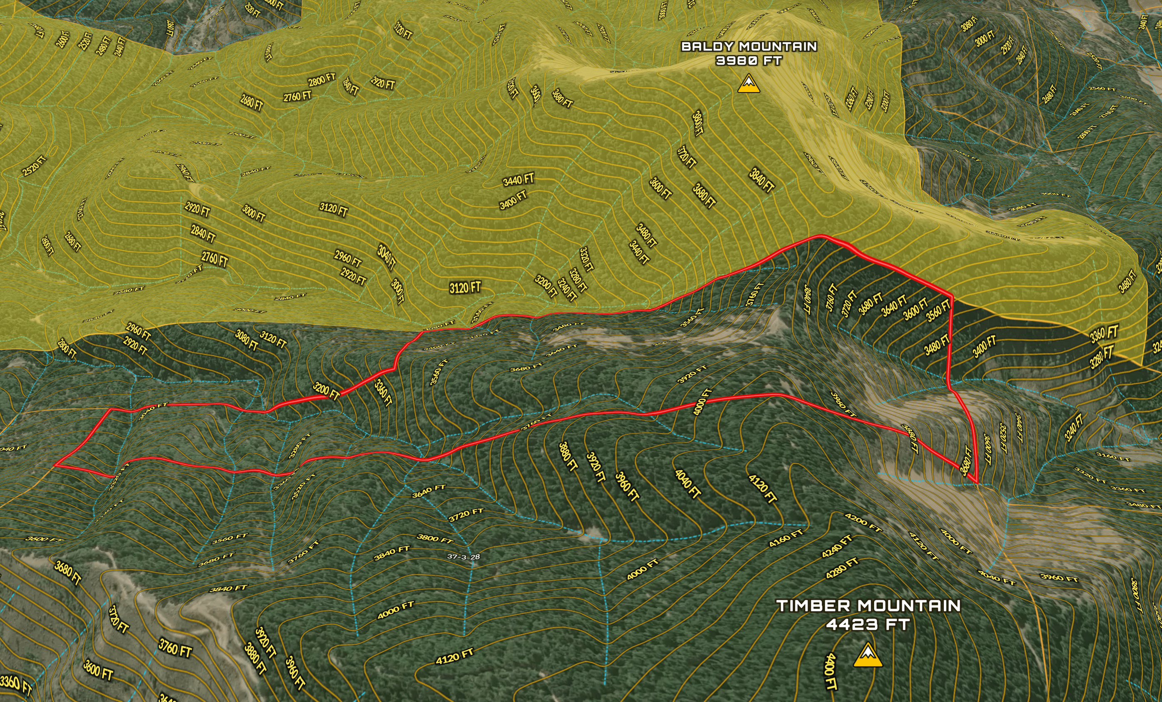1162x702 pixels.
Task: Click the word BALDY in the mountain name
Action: (707, 47)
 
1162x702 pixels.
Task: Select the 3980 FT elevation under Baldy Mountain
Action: (749, 61)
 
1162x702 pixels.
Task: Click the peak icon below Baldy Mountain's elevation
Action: (748, 85)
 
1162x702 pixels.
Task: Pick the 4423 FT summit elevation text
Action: (867, 625)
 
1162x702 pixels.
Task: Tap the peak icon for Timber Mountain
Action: (867, 656)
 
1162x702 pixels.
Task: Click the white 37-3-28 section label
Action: (464, 557)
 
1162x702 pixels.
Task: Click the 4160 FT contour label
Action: (785, 538)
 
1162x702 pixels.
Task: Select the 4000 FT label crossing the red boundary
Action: (702, 402)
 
